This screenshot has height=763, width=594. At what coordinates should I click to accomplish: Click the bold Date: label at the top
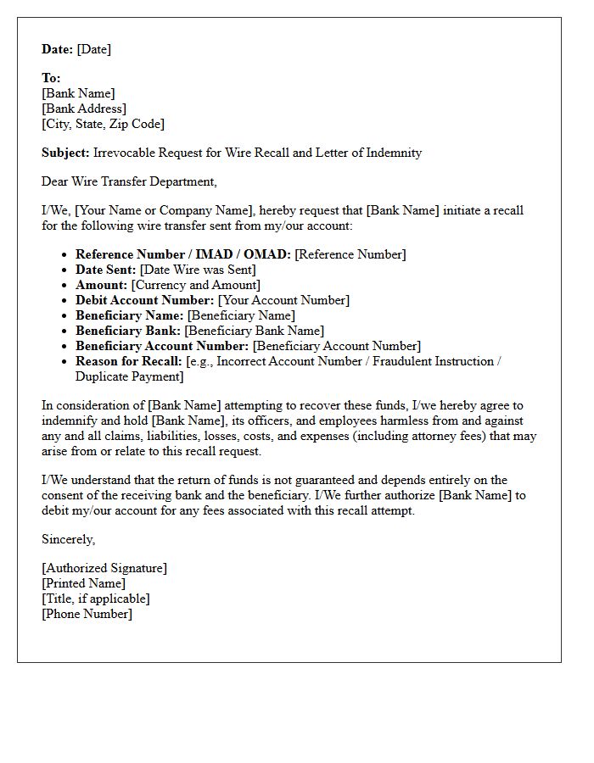pyautogui.click(x=58, y=49)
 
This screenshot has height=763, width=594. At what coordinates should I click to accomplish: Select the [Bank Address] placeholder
pyautogui.click(x=84, y=109)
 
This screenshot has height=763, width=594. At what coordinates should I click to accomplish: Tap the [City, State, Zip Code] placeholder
pyautogui.click(x=103, y=124)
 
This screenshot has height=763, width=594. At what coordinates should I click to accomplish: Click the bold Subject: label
pyautogui.click(x=65, y=153)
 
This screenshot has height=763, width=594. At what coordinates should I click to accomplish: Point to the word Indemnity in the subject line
pyautogui.click(x=391, y=153)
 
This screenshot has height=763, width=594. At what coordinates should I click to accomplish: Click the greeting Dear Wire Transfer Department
pyautogui.click(x=129, y=181)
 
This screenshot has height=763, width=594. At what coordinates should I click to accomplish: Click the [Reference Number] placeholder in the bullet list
pyautogui.click(x=350, y=254)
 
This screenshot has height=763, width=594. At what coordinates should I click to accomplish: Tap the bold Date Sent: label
pyautogui.click(x=105, y=270)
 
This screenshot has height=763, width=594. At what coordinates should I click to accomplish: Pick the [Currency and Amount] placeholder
pyautogui.click(x=196, y=285)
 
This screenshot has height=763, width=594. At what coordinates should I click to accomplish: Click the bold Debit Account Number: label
pyautogui.click(x=144, y=300)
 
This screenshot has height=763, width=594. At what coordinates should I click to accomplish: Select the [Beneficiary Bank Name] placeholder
pyautogui.click(x=255, y=331)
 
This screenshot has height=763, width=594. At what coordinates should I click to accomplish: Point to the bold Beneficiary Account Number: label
pyautogui.click(x=162, y=346)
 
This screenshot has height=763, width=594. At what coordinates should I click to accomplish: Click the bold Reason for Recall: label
pyautogui.click(x=129, y=361)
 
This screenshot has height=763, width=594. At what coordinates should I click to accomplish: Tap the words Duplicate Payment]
pyautogui.click(x=129, y=376)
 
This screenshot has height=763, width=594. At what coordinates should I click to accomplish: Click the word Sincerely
pyautogui.click(x=68, y=539)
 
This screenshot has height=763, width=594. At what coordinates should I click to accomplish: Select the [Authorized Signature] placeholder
pyautogui.click(x=104, y=568)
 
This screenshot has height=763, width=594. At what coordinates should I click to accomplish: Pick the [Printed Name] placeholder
pyautogui.click(x=83, y=583)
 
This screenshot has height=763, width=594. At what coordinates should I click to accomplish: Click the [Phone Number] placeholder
pyautogui.click(x=87, y=614)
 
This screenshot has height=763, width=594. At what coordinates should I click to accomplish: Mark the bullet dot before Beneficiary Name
pyautogui.click(x=64, y=316)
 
